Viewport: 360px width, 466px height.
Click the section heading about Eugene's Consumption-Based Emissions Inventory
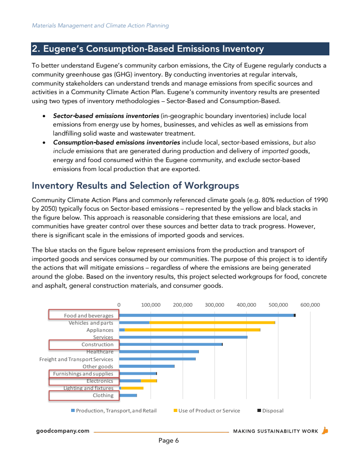click(148, 49)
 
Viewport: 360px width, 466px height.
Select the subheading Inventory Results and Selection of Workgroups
click(135, 185)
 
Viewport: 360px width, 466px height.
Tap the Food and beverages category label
click(89, 316)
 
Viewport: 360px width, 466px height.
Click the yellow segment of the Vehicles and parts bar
click(211, 322)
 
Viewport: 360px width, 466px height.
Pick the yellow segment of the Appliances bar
click(192, 330)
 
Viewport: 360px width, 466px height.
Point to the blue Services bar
click(183, 337)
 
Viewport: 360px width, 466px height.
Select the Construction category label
click(97, 344)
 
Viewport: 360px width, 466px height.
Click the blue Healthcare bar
click(159, 351)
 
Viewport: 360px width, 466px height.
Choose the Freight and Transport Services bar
click(157, 359)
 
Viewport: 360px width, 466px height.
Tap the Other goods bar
click(147, 366)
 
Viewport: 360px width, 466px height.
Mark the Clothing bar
click(128, 395)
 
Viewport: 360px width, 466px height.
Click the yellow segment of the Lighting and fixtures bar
click(132, 388)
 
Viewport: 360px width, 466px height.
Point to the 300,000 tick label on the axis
click(215, 305)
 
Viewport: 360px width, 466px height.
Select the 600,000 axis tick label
click(310, 305)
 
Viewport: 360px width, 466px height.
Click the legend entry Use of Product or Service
click(209, 411)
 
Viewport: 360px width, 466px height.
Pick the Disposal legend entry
click(273, 411)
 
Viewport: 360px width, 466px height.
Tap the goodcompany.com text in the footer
click(63, 431)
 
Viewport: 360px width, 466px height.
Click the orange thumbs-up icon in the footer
click(325, 430)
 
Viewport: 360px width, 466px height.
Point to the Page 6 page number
click(169, 441)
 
